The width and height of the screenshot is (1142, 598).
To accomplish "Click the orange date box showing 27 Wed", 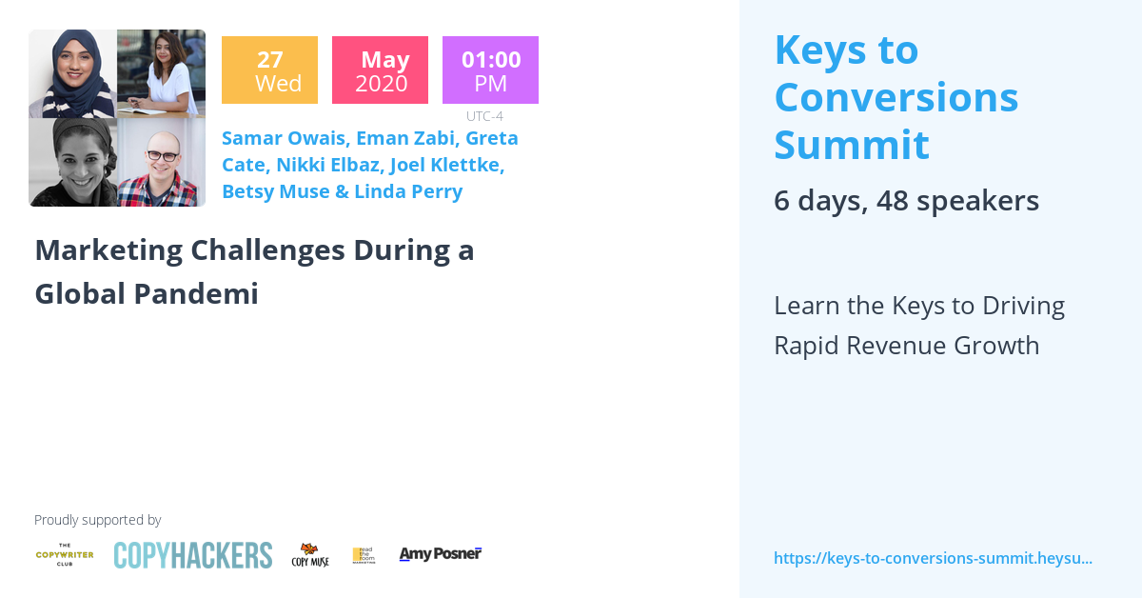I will click(x=269, y=70).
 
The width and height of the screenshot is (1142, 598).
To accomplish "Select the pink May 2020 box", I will click(x=380, y=70).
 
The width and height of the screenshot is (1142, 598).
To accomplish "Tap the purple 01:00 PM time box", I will click(x=490, y=70).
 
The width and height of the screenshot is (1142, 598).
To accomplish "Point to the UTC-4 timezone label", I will click(x=484, y=116).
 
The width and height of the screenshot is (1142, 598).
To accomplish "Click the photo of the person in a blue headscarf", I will click(x=72, y=73).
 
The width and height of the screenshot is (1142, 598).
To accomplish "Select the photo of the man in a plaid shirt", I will click(x=161, y=163).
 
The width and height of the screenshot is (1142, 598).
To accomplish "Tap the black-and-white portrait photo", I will click(x=72, y=163).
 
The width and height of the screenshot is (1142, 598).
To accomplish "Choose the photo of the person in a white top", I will click(x=161, y=73).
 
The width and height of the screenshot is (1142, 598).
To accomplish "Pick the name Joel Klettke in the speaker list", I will click(x=446, y=165).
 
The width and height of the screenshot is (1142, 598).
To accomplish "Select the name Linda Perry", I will click(x=408, y=191).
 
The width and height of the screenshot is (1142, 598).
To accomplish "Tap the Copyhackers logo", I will click(x=192, y=555).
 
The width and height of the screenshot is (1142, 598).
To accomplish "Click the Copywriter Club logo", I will click(x=65, y=554).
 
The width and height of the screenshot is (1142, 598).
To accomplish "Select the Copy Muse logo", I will click(x=310, y=555).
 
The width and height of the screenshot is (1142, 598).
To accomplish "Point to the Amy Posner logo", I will click(x=440, y=554).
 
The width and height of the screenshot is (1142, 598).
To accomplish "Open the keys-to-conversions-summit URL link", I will click(x=933, y=558).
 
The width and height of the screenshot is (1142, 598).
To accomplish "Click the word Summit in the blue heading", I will click(x=851, y=145).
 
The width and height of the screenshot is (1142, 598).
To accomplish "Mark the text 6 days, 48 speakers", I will click(x=906, y=201).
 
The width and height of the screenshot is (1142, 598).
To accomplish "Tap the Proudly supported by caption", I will click(x=97, y=520).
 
